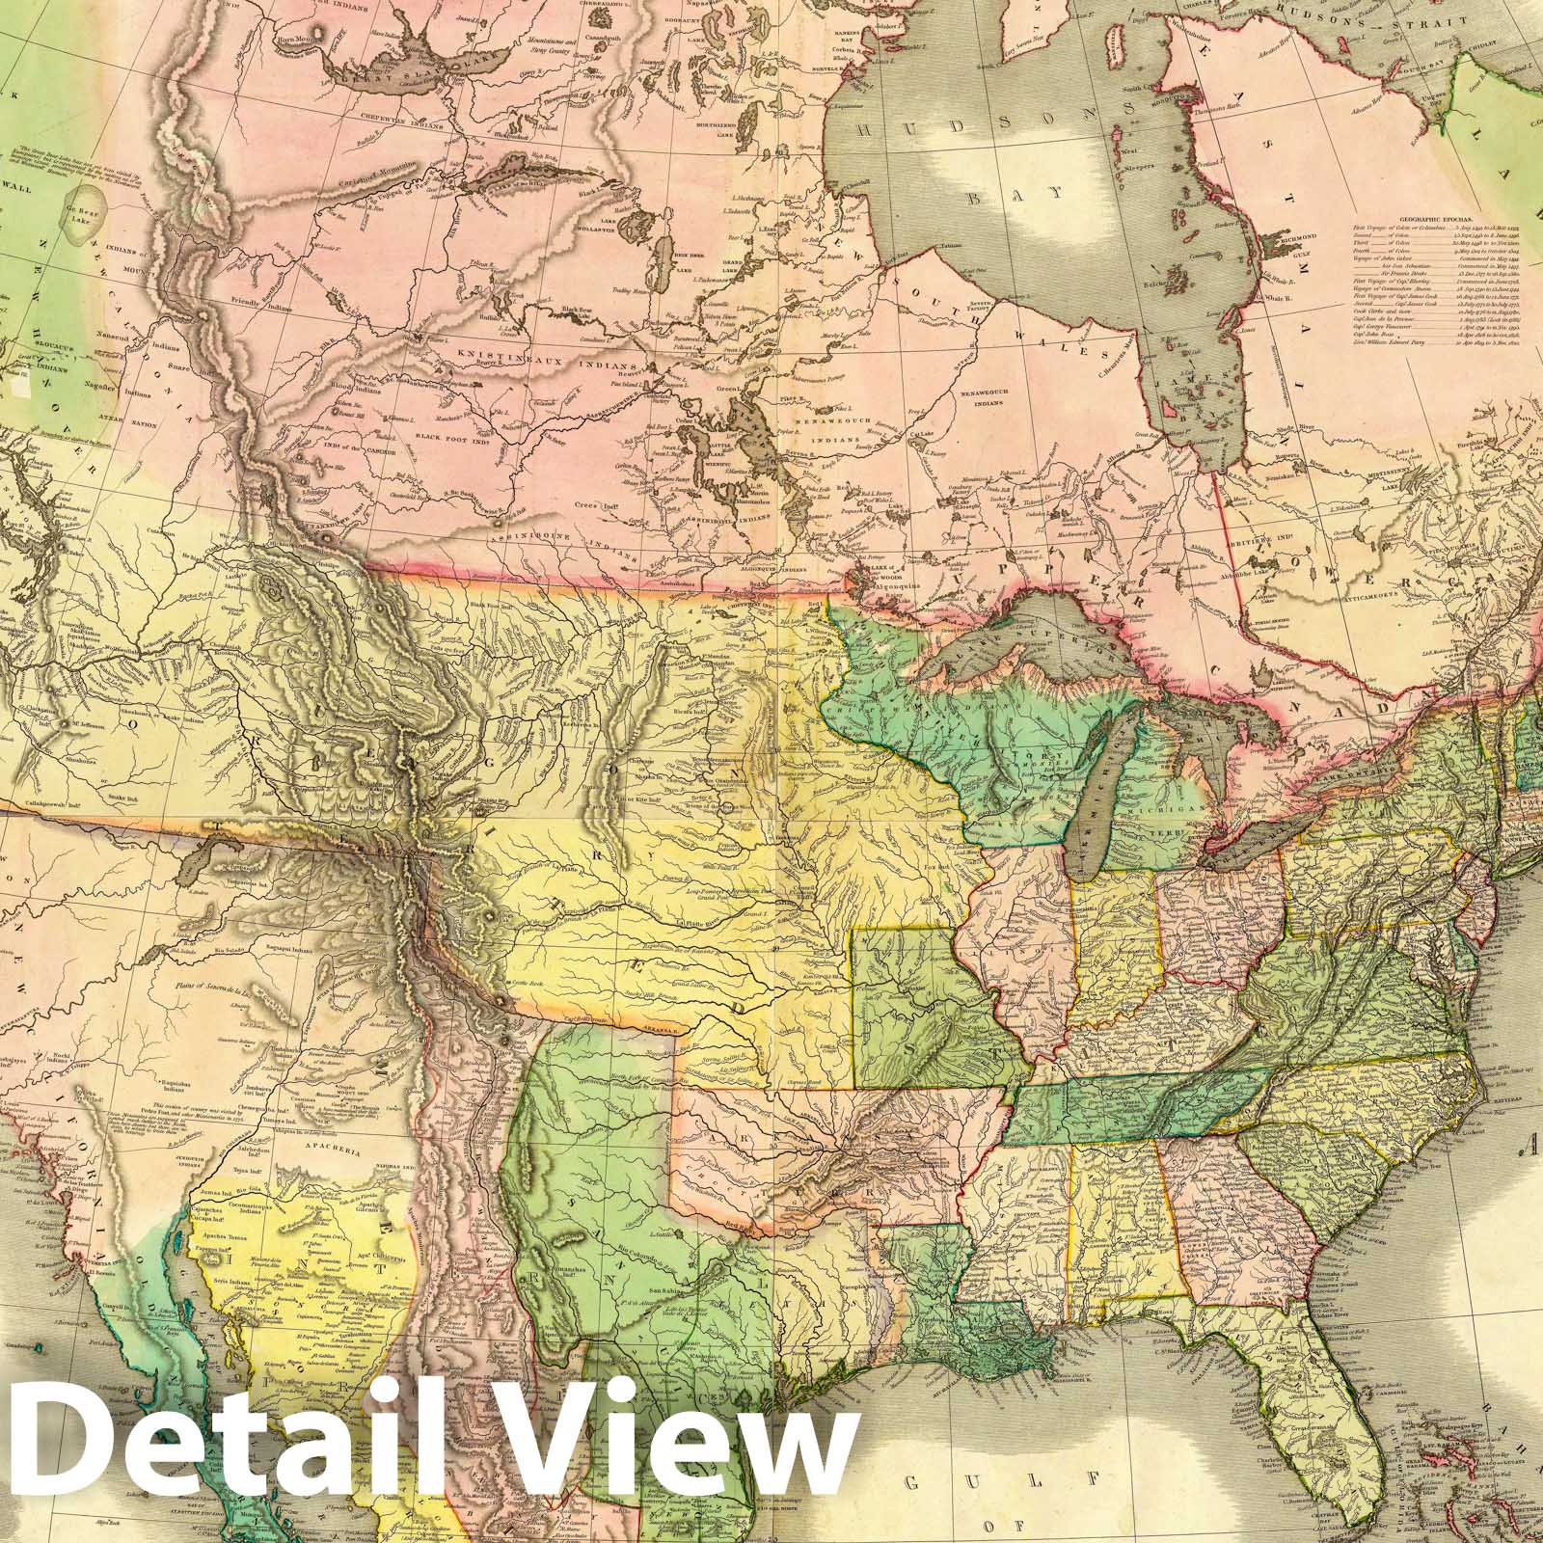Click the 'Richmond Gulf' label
point(1295,239)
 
